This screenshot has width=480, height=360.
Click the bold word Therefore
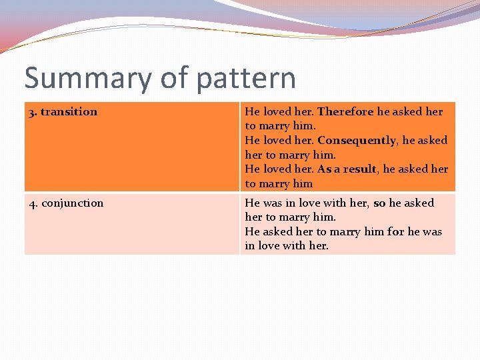point(345,112)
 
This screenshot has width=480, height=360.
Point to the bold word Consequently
point(357,141)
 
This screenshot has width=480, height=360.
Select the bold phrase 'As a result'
point(347,169)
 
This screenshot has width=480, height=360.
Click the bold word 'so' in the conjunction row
point(379,203)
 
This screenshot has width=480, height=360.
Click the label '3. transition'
point(63,112)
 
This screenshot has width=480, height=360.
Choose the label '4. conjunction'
point(66,203)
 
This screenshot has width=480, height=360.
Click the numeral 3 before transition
point(31,112)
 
